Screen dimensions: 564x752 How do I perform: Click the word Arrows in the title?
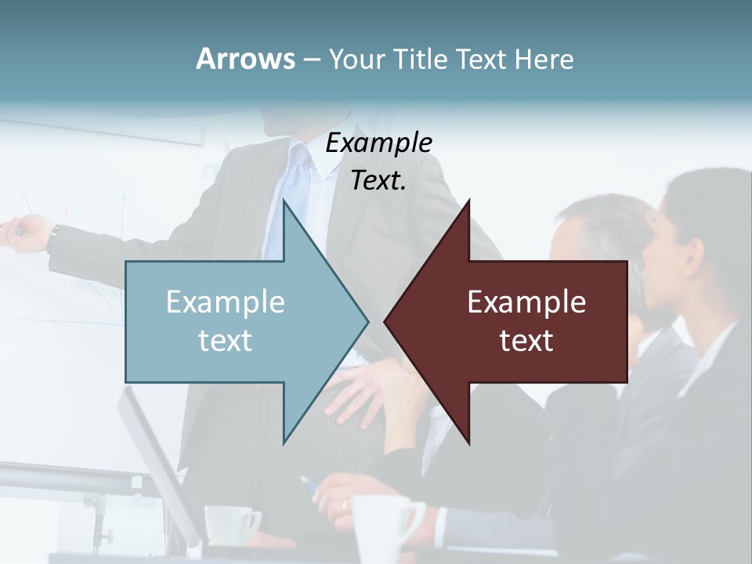pos(245,59)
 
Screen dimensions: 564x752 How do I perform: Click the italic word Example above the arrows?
pos(378,143)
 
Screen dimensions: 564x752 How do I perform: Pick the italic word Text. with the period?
pos(378,180)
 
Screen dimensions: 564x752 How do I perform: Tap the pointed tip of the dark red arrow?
pos(386,320)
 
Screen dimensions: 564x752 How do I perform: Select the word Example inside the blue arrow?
pos(226,302)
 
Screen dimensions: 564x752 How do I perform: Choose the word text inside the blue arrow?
pos(226,341)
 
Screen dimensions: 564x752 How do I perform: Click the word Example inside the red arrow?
pos(526,302)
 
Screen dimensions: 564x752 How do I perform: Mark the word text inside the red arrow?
pos(526,341)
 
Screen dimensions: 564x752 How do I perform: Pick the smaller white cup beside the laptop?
pos(230,523)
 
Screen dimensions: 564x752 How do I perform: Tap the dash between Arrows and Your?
pos(311,60)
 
